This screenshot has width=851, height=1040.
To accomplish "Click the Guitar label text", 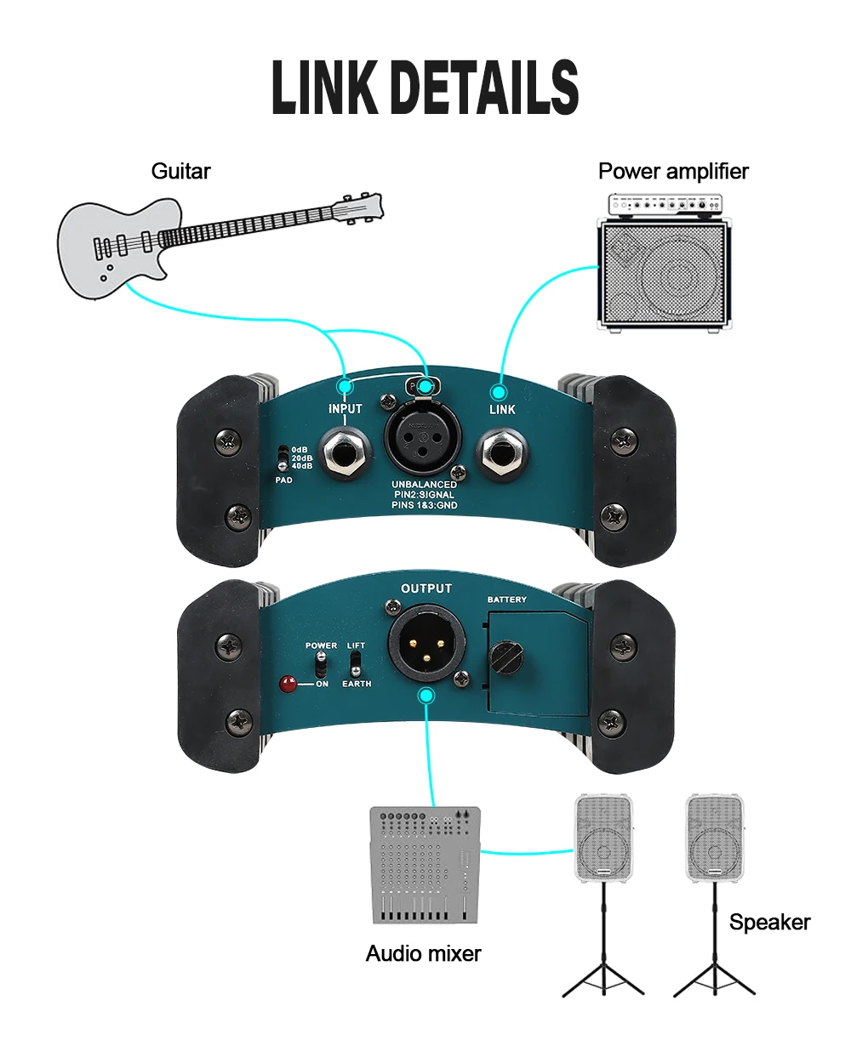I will [180, 171].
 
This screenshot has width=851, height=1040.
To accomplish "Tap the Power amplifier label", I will [673, 171].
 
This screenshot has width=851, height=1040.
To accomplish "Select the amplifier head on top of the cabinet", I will [666, 204].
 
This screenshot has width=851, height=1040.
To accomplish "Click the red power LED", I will [290, 683].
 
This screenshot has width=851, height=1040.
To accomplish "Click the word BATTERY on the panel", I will [506, 600].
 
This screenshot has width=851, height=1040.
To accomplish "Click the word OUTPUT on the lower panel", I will [426, 588].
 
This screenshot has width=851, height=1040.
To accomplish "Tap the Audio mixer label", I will [423, 953].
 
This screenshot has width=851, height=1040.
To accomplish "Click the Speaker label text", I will [769, 922].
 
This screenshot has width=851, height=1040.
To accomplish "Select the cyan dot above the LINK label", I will [499, 391].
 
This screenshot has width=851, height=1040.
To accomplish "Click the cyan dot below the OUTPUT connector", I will [426, 696].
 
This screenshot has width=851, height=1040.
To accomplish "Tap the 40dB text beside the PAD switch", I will [301, 465].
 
